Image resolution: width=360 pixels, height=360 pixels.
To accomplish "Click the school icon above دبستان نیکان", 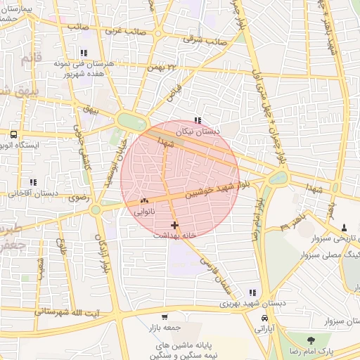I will coord(198,120).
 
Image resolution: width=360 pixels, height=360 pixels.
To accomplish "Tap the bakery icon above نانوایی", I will coord(145,200).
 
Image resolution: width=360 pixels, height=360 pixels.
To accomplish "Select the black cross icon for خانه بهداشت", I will coord(174,225).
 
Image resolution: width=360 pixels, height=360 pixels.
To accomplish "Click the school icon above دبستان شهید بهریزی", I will coord(252,292).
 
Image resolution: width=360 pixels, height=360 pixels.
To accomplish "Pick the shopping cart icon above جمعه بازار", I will coord(165,317).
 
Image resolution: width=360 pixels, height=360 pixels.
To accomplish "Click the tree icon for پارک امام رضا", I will coord(311,340).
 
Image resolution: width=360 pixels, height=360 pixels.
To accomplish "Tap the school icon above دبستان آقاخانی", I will coord(32,182).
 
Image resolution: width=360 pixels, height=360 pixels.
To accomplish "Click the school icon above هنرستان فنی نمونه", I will coord(84,53).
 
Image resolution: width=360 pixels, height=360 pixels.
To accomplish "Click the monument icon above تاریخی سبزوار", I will coord(344,227).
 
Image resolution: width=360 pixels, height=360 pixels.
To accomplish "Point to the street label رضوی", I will coord(78,198).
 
